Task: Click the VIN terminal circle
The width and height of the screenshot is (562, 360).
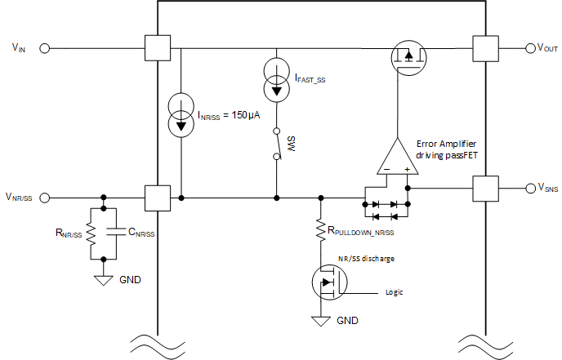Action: [x=46, y=48]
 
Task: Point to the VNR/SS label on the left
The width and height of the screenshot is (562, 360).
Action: [x=19, y=198]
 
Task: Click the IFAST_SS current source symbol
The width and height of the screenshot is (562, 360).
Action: [x=278, y=79]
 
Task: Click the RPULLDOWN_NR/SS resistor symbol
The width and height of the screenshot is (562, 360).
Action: [x=320, y=230]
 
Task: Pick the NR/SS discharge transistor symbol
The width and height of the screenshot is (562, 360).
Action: [x=329, y=283]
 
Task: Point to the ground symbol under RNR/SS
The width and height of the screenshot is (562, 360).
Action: [x=104, y=279]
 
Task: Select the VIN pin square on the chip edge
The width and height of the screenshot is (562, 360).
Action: [x=157, y=48]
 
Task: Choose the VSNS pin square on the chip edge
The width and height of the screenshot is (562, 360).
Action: [x=485, y=188]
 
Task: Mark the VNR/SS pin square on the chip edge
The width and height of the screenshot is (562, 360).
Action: [x=156, y=198]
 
